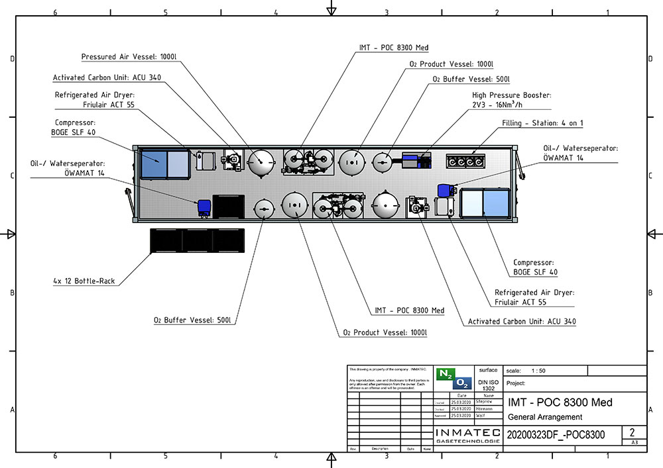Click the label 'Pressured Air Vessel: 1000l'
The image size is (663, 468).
pyautogui.click(x=129, y=58)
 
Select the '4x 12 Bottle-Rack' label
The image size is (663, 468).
pyautogui.click(x=84, y=281)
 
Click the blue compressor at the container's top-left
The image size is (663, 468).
pyautogui.click(x=164, y=164)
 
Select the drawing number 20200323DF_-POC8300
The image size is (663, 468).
pyautogui.click(x=556, y=435)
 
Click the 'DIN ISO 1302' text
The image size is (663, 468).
pyautogui.click(x=487, y=385)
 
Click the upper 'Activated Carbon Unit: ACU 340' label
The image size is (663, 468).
pyautogui.click(x=106, y=77)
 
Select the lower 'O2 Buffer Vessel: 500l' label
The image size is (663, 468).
pyautogui.click(x=192, y=320)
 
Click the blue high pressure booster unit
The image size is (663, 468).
pyautogui.click(x=412, y=160)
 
